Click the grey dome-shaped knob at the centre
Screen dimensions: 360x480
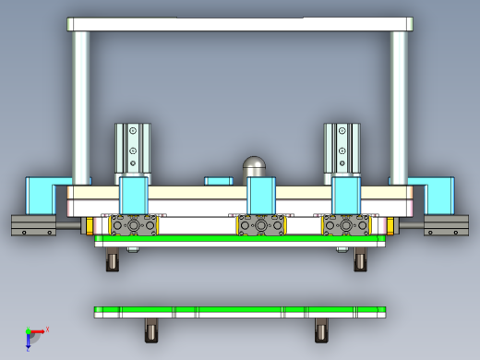click(x=254, y=166)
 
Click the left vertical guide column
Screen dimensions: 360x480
click(x=81, y=102)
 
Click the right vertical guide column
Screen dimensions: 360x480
click(x=399, y=102)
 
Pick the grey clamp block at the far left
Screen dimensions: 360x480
click(x=32, y=225)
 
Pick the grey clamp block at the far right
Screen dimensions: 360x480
click(x=446, y=225)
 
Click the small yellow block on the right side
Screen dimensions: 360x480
click(x=390, y=225)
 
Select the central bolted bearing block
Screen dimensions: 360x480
click(x=261, y=224)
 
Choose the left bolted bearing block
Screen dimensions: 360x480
click(x=134, y=224)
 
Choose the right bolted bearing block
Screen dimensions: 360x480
click(x=346, y=224)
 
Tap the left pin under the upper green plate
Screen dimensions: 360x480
click(x=113, y=261)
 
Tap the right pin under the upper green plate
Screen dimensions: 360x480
click(x=360, y=261)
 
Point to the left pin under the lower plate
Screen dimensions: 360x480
click(x=152, y=330)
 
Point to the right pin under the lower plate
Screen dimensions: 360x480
click(x=321, y=330)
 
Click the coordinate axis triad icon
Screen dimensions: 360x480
click(x=33, y=336)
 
